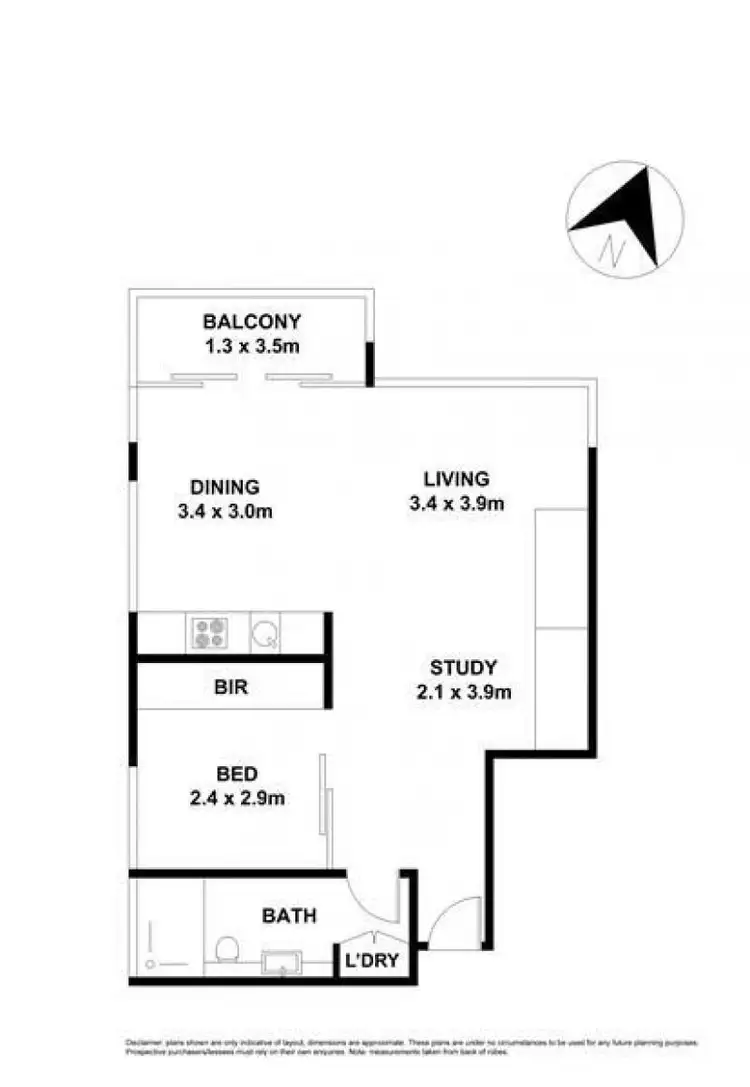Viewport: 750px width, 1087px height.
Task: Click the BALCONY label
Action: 252,322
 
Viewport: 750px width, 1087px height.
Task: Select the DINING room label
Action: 225,487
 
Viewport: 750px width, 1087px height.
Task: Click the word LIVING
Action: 455,478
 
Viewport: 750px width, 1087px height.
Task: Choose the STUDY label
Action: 463,667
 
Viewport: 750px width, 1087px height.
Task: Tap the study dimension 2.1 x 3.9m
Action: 463,692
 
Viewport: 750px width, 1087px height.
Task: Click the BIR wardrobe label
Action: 230,688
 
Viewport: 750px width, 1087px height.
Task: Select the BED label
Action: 238,773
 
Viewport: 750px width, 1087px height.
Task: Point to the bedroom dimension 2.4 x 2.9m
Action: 238,798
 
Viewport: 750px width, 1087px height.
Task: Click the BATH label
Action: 289,914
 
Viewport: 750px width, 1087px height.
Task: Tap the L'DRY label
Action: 368,961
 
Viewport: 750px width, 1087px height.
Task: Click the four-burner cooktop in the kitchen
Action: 210,632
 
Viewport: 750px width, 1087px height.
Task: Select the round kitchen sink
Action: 265,632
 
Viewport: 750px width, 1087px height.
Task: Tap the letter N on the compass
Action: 610,248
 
